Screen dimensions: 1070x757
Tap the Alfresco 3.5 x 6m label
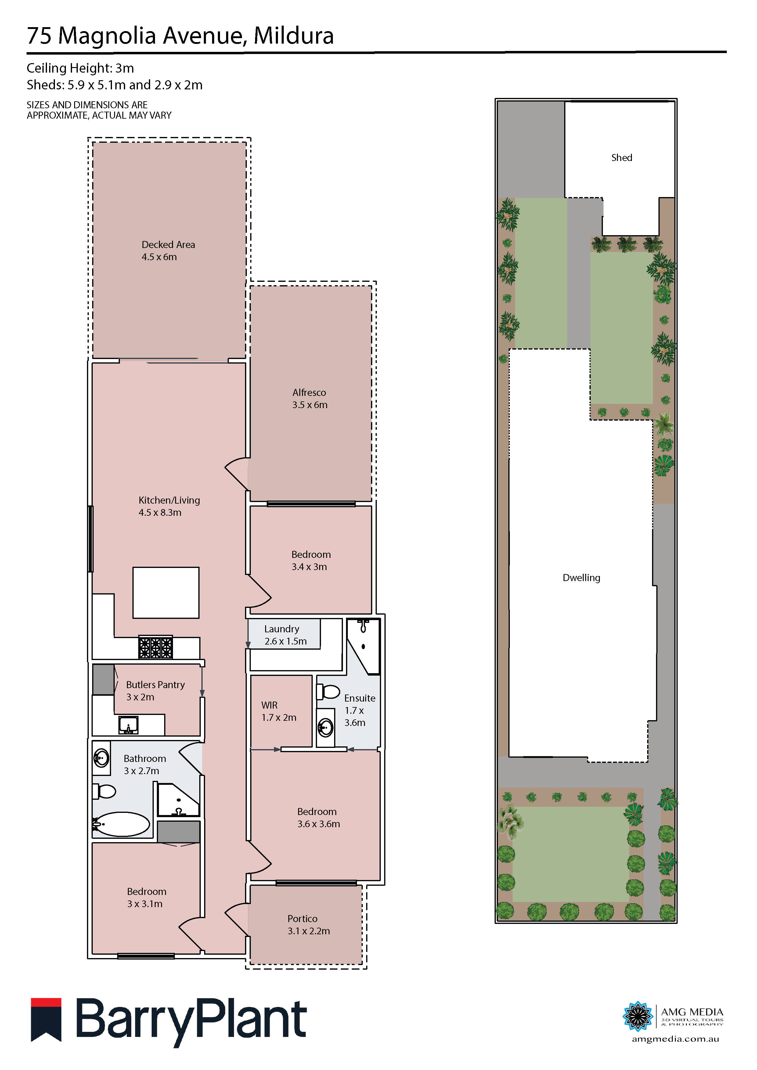(x=309, y=398)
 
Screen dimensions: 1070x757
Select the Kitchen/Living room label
(x=169, y=506)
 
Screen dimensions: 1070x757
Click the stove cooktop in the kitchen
(x=155, y=647)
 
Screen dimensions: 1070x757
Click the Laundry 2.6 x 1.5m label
(x=285, y=635)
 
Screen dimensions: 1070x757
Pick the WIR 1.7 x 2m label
(x=278, y=711)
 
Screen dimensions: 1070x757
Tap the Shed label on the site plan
(x=621, y=157)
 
